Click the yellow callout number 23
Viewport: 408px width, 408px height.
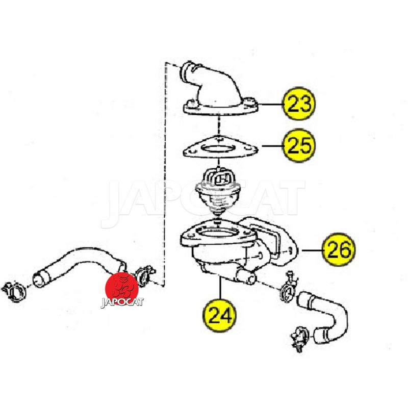(299, 104)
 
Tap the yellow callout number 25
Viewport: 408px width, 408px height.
(299, 145)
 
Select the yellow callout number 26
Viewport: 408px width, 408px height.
(338, 249)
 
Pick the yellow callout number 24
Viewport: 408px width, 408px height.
(219, 315)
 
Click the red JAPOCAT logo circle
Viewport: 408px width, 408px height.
(121, 289)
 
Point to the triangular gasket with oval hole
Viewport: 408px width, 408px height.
(220, 148)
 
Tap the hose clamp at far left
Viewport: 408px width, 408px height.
(14, 291)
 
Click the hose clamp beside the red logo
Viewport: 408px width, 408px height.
(144, 275)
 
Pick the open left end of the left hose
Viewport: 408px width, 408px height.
(39, 279)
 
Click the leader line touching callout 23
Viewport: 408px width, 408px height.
(271, 104)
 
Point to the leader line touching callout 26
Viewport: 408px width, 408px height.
(312, 250)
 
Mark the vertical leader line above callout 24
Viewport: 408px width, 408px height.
(220, 288)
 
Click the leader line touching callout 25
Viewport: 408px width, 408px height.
(273, 146)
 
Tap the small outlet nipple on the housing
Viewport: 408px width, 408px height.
(246, 276)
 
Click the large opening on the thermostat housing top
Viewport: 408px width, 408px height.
(218, 232)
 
